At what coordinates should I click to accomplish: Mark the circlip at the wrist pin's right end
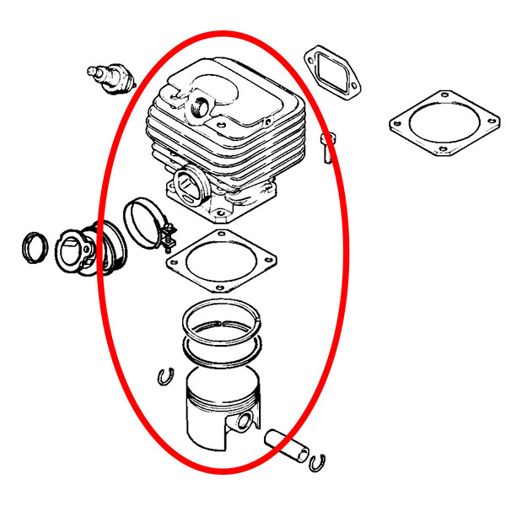point(319,460)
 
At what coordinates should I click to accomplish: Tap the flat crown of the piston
point(221,379)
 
